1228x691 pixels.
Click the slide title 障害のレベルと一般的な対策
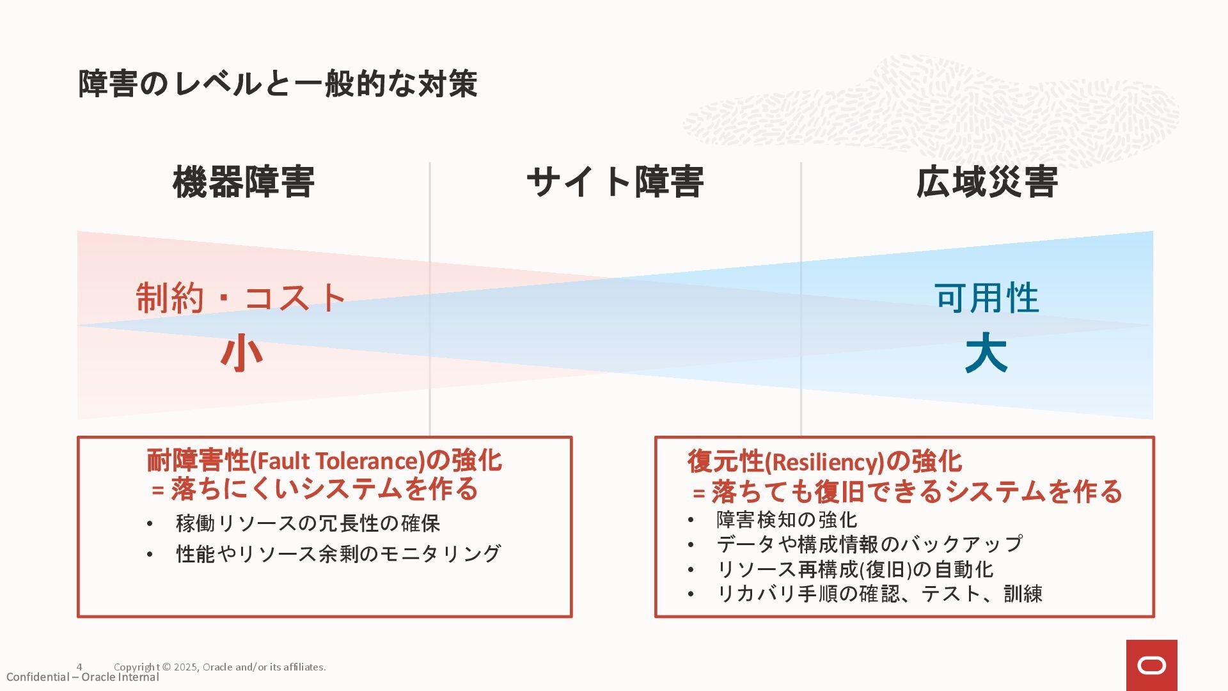(278, 84)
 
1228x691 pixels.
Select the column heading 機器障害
(244, 182)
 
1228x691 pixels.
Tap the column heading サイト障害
(615, 182)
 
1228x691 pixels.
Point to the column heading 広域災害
(986, 182)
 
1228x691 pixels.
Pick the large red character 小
(242, 353)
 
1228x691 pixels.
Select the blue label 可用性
(986, 298)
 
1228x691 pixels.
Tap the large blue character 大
(986, 353)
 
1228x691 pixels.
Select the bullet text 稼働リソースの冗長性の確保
(308, 523)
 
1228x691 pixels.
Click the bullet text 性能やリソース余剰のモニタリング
(338, 553)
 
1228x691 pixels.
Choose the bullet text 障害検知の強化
(787, 520)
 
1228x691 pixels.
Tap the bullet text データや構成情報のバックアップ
(869, 544)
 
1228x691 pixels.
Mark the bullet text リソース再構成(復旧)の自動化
(855, 569)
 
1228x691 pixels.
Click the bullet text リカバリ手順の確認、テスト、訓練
(879, 594)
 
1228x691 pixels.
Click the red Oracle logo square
(1151, 665)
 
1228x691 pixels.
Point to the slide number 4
(79, 667)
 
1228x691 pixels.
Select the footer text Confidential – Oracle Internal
(83, 678)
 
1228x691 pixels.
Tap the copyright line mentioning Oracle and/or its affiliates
(219, 667)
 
